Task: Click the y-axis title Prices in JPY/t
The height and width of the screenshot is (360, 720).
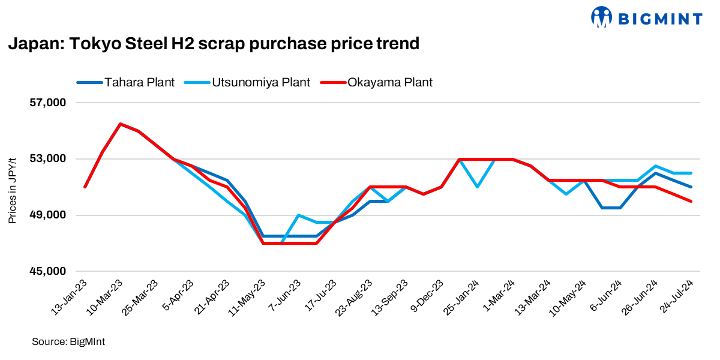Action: pos(12,187)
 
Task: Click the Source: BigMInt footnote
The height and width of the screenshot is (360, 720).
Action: pos(64,341)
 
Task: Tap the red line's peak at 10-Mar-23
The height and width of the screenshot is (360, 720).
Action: pos(121,124)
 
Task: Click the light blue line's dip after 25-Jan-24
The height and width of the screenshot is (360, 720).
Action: pos(477,187)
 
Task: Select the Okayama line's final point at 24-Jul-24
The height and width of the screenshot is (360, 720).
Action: pos(691,201)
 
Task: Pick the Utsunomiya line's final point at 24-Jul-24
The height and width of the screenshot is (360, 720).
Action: pos(691,173)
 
